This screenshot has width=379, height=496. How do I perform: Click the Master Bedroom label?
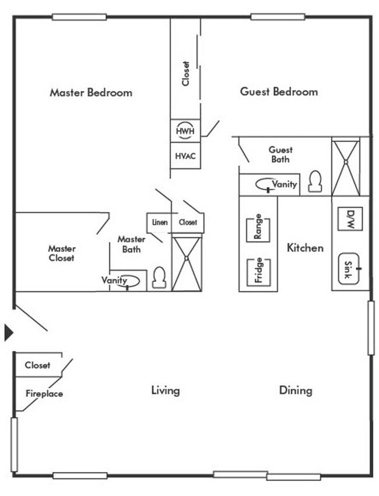90,92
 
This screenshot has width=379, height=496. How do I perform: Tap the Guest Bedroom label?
279,92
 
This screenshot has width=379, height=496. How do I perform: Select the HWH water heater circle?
185,131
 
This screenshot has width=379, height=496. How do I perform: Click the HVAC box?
185,156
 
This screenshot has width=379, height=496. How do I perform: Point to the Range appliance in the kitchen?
258,227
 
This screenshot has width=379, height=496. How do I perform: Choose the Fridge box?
258,271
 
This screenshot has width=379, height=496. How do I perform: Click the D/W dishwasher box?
350,219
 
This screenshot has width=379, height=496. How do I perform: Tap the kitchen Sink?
350,269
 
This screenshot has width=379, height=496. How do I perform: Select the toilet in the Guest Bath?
315,181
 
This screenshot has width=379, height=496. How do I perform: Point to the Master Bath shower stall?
187,263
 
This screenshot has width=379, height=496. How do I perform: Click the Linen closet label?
159,222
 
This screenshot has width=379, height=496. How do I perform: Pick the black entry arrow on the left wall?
8,332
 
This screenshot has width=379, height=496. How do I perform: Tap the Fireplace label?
44,394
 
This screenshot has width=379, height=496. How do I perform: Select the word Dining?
296,390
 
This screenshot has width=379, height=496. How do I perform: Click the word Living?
165,390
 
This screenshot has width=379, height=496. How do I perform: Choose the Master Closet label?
61,253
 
